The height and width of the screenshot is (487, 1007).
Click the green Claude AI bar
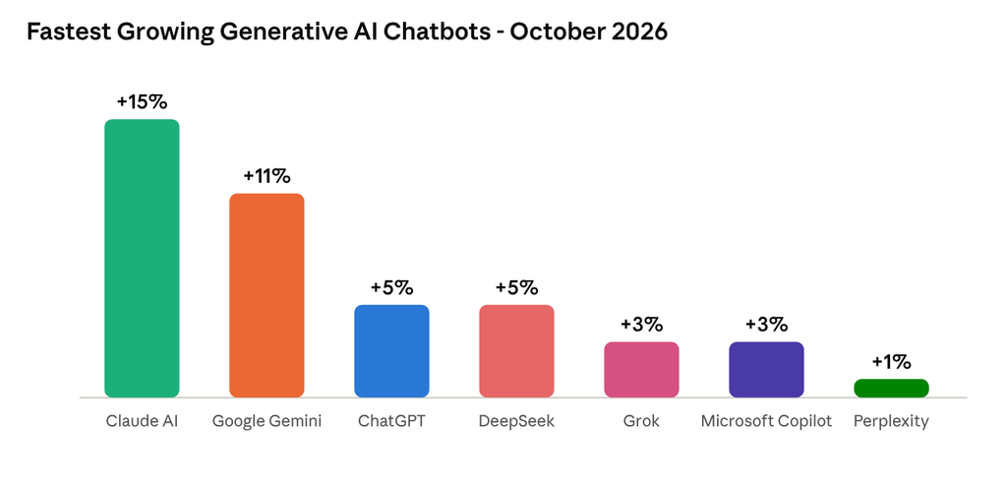click(142, 259)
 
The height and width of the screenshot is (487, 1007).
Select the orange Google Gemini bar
click(267, 295)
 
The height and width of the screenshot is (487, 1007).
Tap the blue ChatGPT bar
click(391, 351)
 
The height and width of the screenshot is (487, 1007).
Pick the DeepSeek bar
click(516, 351)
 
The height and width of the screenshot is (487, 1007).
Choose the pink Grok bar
click(641, 369)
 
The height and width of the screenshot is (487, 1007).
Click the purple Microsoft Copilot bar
click(766, 369)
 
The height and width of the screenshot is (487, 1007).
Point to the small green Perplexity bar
click(891, 388)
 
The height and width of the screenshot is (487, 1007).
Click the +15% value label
click(142, 101)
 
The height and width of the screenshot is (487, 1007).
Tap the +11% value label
click(267, 176)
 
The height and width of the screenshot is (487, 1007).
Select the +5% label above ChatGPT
click(391, 287)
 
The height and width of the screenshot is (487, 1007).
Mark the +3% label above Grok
click(641, 325)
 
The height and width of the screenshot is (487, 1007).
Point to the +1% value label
click(891, 362)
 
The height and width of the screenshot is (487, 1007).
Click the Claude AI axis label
click(142, 421)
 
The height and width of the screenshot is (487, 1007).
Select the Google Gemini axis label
click(267, 421)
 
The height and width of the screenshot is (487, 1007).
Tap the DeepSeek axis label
click(516, 422)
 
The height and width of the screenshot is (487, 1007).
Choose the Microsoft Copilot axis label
click(766, 422)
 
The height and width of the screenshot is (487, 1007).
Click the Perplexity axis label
click(891, 422)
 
